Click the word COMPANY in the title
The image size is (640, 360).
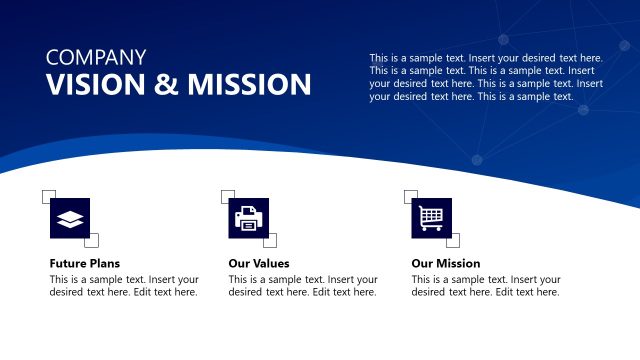96,58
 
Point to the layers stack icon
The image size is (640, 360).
69,218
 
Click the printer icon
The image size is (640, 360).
248,218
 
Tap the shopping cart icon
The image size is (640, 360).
431,218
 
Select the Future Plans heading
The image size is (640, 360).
85,263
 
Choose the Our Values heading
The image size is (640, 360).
259,263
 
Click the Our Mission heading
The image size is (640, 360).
446,263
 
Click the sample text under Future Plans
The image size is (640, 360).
124,286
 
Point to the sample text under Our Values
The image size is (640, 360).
303,286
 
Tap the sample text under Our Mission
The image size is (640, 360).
486,286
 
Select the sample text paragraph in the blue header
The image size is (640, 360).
486,77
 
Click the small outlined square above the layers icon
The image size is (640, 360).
49,196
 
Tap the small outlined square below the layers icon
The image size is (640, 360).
91,240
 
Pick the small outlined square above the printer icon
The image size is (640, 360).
228,196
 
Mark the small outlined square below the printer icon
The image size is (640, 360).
269,240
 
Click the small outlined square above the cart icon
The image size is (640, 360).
410,196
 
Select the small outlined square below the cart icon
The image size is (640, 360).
452,240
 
